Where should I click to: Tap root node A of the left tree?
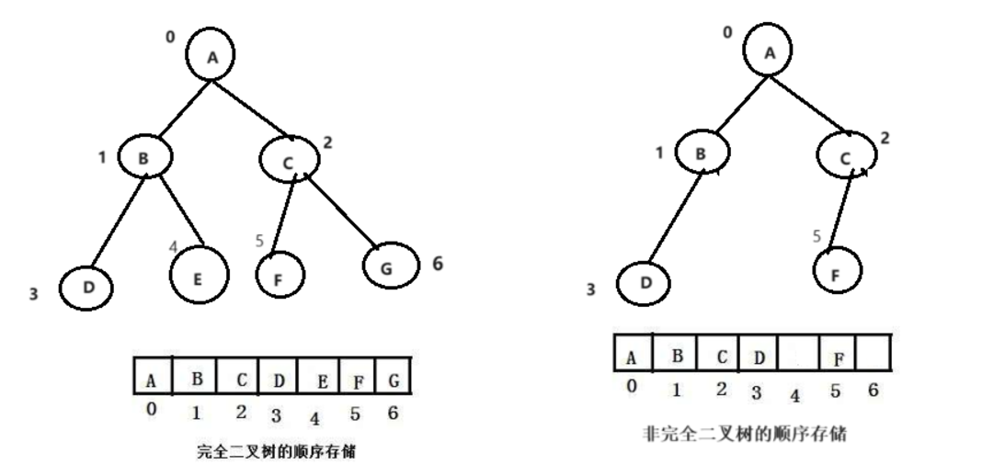click(212, 56)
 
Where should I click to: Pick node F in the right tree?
click(835, 272)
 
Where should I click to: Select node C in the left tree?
click(289, 161)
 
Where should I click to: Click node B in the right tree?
click(702, 153)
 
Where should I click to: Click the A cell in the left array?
click(152, 377)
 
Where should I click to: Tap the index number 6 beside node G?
click(437, 264)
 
